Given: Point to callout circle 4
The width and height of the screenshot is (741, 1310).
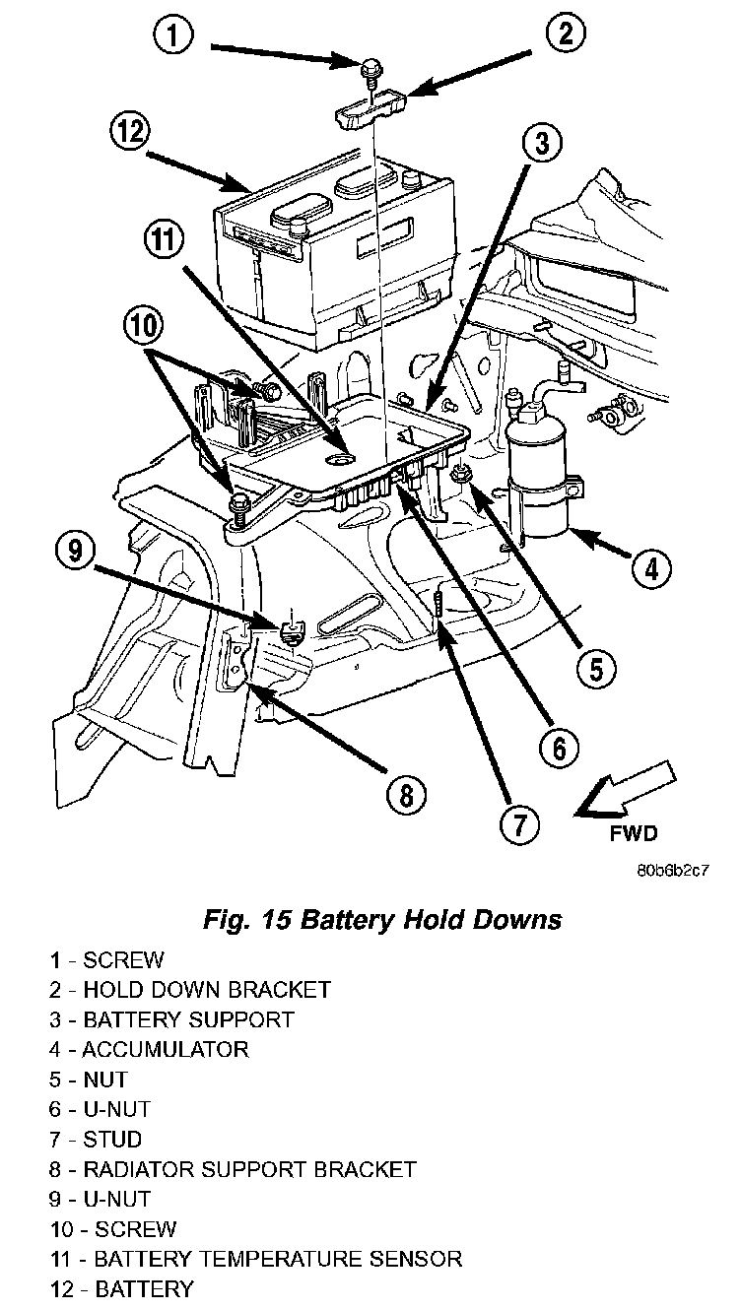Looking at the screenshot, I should pyautogui.click(x=652, y=566).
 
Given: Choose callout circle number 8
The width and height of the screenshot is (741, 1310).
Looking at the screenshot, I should pyautogui.click(x=407, y=793).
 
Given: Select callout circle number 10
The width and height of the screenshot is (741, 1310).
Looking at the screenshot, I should pyautogui.click(x=144, y=326).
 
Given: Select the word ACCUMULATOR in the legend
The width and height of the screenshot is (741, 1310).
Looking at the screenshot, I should pyautogui.click(x=165, y=1049).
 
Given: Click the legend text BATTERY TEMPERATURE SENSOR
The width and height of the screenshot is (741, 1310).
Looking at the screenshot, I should pyautogui.click(x=277, y=1259).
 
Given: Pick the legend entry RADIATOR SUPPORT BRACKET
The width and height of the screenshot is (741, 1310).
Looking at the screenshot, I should pyautogui.click(x=249, y=1169).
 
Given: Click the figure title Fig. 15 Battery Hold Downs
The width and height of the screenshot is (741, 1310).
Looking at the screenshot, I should pyautogui.click(x=381, y=920).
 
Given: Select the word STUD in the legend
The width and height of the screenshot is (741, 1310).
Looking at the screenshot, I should pyautogui.click(x=112, y=1139).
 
